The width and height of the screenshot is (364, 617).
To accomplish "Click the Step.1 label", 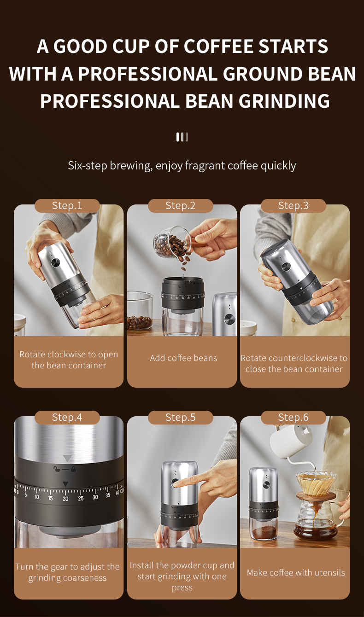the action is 67,205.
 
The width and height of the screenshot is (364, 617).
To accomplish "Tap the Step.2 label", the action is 181,205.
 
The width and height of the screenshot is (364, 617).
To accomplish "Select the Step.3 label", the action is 294,205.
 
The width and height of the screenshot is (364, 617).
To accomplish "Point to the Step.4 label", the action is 67,417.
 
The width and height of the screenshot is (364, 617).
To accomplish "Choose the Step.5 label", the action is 181,417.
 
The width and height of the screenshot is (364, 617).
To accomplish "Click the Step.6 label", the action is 294,417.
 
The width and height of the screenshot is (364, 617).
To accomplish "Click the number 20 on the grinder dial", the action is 65,499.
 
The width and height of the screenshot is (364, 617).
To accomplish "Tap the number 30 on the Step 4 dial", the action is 95,497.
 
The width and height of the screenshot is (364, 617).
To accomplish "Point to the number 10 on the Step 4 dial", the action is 37,497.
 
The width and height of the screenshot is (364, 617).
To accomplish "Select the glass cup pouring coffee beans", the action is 172,241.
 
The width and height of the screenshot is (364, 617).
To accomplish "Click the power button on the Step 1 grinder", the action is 55,262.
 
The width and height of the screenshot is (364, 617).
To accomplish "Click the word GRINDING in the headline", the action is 284,101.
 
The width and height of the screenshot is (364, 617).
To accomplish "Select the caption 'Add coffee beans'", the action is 183,358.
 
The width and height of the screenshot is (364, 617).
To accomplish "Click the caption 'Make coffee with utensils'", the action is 296,573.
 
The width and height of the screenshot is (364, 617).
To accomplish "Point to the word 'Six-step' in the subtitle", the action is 87,166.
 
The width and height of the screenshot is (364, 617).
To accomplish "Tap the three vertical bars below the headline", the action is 182,137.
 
